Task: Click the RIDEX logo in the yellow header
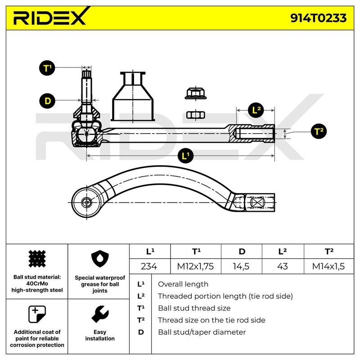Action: tap(49, 18)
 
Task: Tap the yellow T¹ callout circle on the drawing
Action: tap(47, 68)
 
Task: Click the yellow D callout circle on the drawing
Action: tap(47, 100)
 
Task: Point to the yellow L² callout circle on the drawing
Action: tap(256, 109)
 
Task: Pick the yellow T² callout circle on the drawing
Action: tap(319, 131)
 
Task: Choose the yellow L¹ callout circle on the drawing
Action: tap(184, 156)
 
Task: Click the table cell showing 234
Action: tap(149, 266)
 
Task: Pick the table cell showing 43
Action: tap(282, 266)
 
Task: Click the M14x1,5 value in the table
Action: tap(328, 266)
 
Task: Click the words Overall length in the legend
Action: tap(183, 284)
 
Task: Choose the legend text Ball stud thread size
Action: tap(194, 308)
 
